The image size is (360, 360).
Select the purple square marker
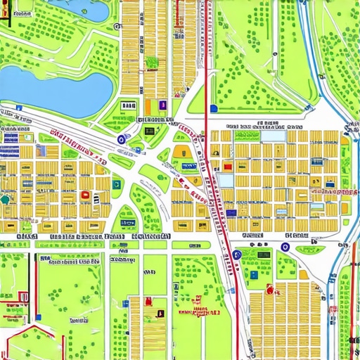[162, 105]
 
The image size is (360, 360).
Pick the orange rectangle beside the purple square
[150, 106]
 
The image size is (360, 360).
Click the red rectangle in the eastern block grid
[227, 167]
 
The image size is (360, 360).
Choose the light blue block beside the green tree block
[226, 180]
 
